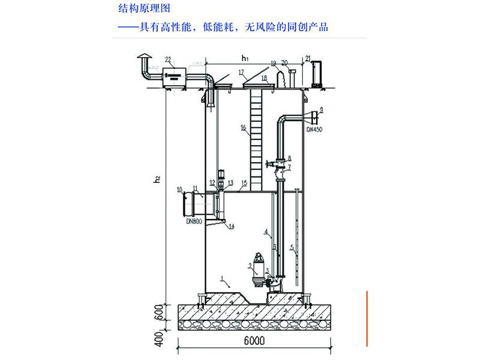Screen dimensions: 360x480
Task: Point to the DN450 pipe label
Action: pyautogui.click(x=314, y=130)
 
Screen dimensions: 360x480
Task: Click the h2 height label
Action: pyautogui.click(x=157, y=179)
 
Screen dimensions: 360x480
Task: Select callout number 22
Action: pyautogui.click(x=168, y=59)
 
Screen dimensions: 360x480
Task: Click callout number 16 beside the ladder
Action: pyautogui.click(x=244, y=127)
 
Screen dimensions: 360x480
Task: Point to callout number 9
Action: pyautogui.click(x=322, y=109)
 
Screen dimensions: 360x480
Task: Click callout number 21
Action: pyautogui.click(x=307, y=58)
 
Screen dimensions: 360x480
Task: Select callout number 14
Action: pyautogui.click(x=232, y=226)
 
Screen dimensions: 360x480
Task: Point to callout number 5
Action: pyautogui.click(x=292, y=248)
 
